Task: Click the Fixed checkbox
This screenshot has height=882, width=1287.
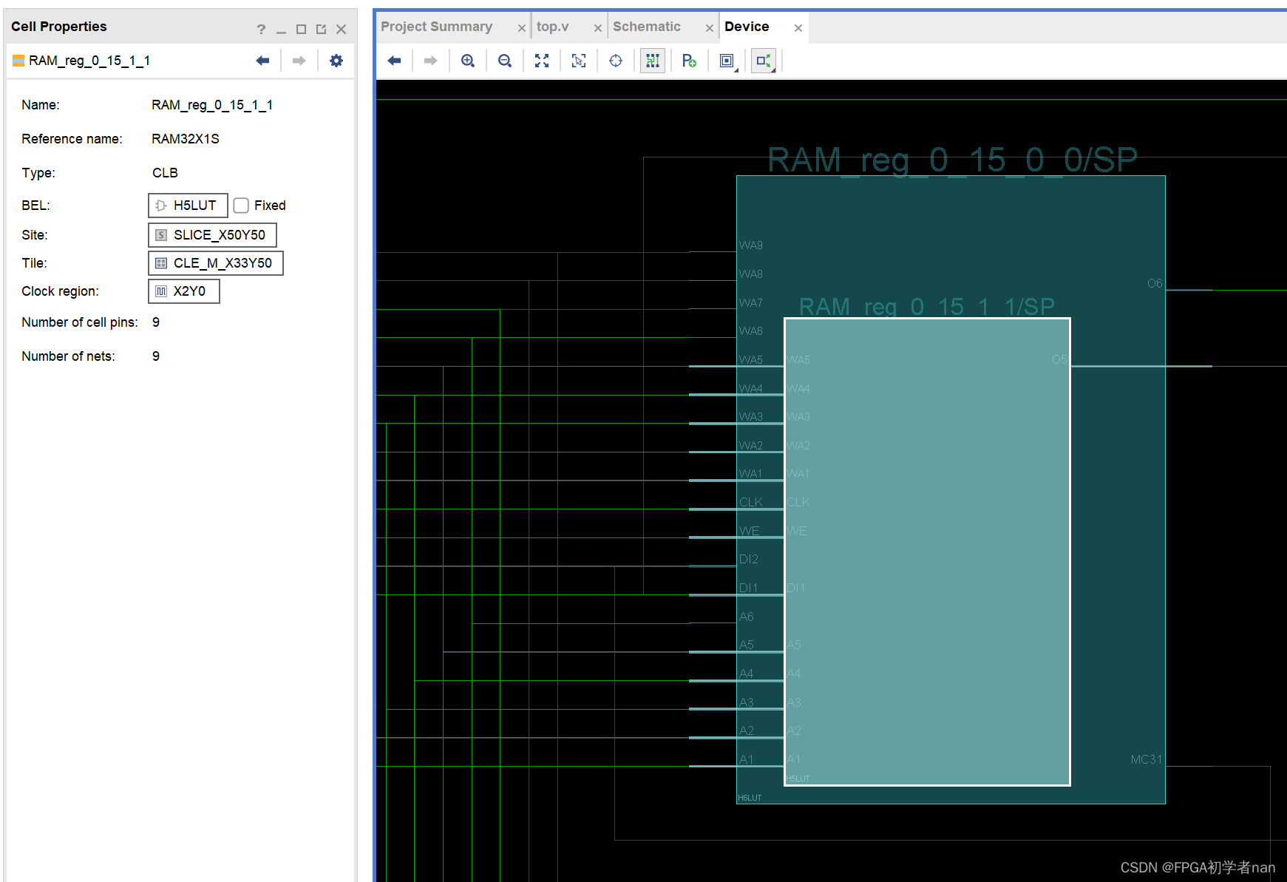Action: pos(241,206)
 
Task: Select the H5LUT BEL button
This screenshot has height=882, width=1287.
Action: pos(188,206)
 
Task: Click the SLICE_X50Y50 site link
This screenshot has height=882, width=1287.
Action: pos(212,235)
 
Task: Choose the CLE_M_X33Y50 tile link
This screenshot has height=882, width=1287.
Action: pos(215,263)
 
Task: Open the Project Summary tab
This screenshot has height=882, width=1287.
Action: pos(436,27)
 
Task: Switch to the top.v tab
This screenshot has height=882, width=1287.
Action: pos(552,27)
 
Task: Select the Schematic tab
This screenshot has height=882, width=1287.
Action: pos(646,27)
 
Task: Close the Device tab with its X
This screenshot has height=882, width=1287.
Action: pos(798,28)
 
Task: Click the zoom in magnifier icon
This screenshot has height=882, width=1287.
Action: pos(468,61)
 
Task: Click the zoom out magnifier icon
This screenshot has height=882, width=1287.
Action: pos(505,61)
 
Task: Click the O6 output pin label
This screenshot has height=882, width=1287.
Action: pos(1154,283)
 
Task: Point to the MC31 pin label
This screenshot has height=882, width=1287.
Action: pos(1146,759)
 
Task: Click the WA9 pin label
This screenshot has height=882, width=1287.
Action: pos(750,245)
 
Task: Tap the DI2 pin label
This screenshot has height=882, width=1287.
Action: pos(748,559)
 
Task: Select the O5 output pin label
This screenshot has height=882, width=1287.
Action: pos(1059,359)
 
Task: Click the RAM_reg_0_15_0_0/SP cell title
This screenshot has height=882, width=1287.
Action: pos(952,160)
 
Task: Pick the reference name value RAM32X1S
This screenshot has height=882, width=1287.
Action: pos(186,139)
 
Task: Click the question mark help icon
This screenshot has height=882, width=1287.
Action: pos(261,30)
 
